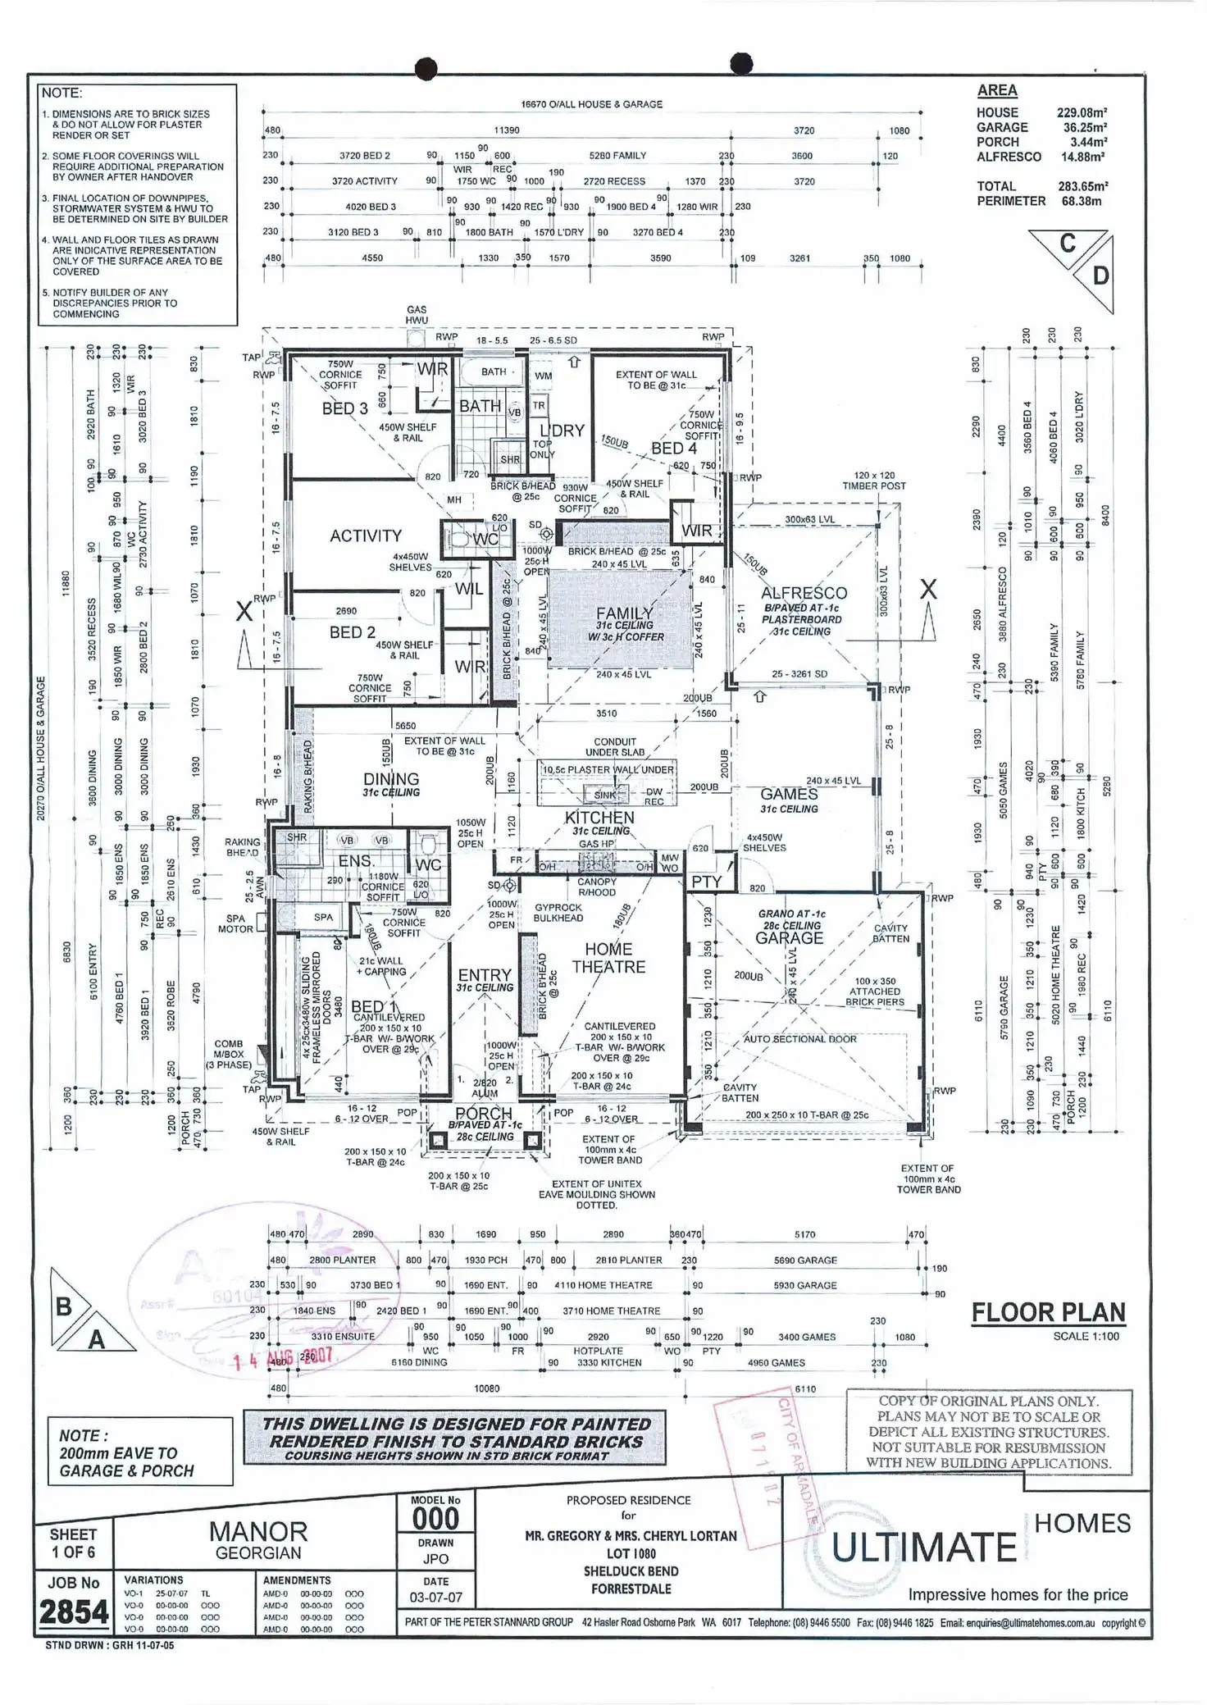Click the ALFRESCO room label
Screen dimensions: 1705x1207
pos(803,593)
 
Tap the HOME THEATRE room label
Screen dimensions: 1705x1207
pos(608,958)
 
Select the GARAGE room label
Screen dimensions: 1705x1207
pos(789,938)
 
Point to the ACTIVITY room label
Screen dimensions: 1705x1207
pos(366,536)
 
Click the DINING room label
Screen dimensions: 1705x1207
pos(391,779)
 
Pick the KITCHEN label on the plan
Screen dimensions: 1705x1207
pos(599,818)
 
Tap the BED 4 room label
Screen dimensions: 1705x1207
pos(674,449)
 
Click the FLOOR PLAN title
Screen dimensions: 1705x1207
pos(1048,1313)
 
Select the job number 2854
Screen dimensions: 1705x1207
pos(74,1612)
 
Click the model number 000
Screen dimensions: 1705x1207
pos(435,1519)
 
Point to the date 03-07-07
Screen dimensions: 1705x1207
pos(435,1598)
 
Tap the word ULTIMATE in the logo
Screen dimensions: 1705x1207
pos(924,1548)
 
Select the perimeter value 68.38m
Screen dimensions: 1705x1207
pos(1082,201)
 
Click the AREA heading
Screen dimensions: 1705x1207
pos(997,91)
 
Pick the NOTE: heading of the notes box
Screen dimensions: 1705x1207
pos(61,93)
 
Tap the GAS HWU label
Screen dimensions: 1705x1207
pos(417,315)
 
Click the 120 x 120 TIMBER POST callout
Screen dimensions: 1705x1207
pos(874,481)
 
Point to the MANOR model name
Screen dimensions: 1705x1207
pos(258,1532)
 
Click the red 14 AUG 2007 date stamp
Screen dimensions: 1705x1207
pos(283,1359)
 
